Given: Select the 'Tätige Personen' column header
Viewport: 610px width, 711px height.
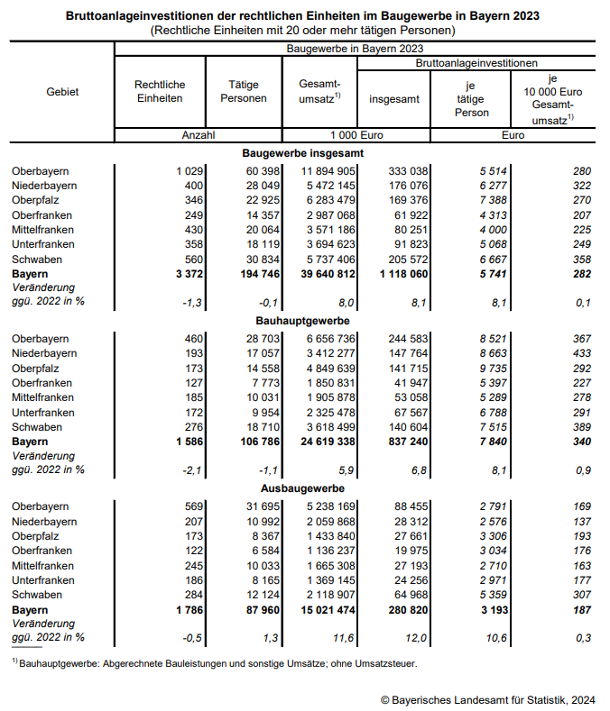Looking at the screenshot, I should (x=244, y=91).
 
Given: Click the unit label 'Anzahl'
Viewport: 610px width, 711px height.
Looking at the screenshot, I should (x=198, y=135).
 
